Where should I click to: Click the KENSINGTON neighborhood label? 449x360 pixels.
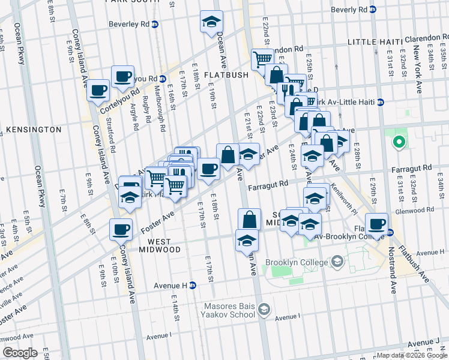click(x=34, y=130)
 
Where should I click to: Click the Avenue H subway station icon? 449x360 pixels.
click(x=193, y=286)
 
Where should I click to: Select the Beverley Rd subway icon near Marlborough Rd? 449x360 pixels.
click(x=155, y=25)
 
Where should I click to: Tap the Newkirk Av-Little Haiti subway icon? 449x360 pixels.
click(x=380, y=103)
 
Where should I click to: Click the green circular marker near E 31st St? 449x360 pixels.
click(x=397, y=142)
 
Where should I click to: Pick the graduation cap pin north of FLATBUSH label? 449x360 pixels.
click(x=211, y=22)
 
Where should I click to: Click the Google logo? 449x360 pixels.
click(x=20, y=353)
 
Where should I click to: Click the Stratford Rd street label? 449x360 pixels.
click(x=111, y=140)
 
